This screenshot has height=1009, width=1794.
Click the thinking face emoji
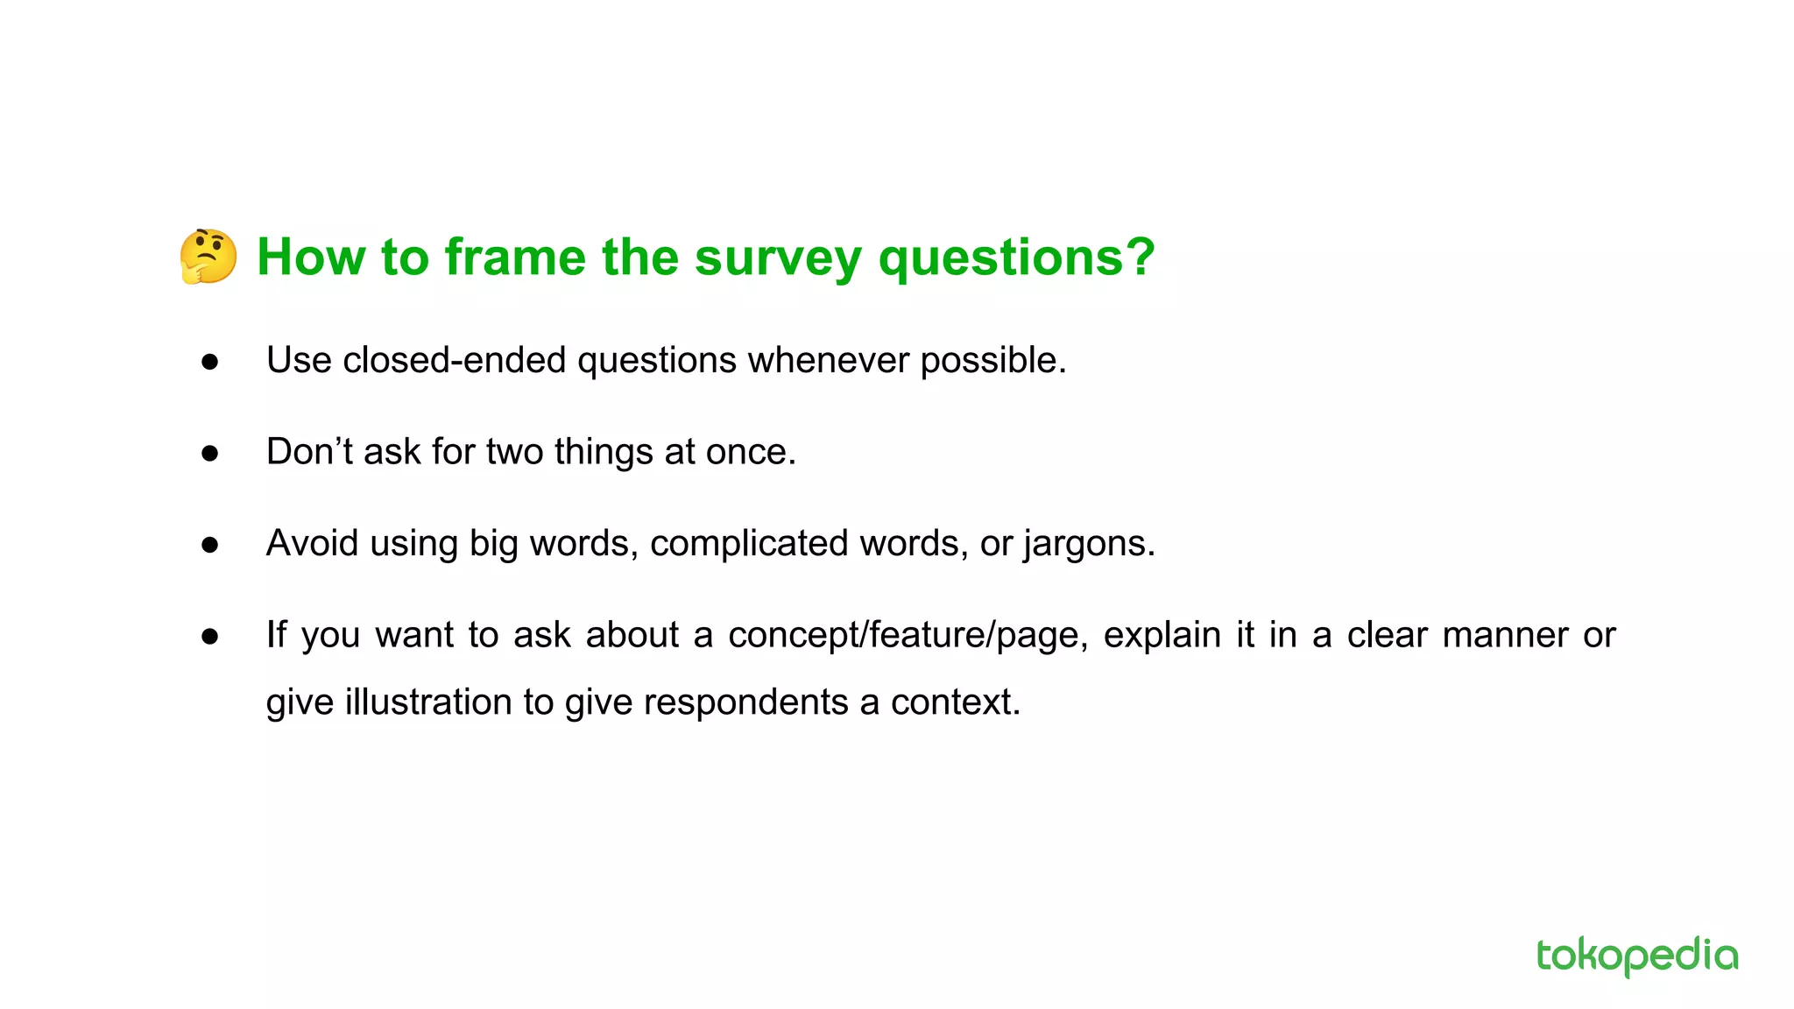click(208, 257)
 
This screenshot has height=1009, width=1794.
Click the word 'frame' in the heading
click(514, 258)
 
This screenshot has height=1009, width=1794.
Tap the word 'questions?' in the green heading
click(1016, 259)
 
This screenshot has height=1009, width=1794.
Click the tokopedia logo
click(1636, 956)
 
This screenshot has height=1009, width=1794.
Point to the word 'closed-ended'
click(454, 360)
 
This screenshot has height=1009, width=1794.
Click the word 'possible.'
click(993, 361)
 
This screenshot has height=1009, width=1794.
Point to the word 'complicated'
click(749, 544)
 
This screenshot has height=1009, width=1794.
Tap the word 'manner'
click(1504, 635)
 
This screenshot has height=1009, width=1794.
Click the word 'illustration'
click(428, 702)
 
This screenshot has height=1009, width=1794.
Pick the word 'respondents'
click(745, 703)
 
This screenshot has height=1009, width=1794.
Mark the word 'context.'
click(956, 702)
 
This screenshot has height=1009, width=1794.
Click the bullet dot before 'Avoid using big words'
click(209, 545)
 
